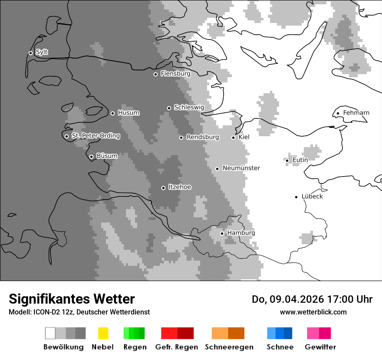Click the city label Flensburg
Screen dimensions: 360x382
(x=175, y=74)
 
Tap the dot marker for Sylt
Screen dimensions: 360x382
(x=30, y=53)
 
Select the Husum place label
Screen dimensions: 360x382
(x=128, y=113)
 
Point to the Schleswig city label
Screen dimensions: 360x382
(x=189, y=107)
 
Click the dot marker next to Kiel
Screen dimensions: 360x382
(x=233, y=137)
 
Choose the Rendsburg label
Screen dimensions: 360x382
(x=202, y=137)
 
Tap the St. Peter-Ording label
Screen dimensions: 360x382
(x=95, y=136)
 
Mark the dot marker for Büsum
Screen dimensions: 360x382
(x=91, y=157)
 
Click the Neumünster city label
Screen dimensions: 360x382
(x=241, y=168)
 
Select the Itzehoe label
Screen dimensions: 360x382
(x=180, y=187)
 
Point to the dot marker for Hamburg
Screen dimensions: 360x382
(x=222, y=233)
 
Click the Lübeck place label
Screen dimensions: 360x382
(x=312, y=196)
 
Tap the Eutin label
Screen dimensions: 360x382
(x=300, y=160)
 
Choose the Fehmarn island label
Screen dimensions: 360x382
(x=356, y=113)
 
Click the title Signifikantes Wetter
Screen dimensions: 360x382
(x=72, y=299)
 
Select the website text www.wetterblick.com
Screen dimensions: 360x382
(x=313, y=312)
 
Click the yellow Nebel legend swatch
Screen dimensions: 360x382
(x=103, y=333)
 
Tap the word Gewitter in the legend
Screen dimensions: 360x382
(x=320, y=347)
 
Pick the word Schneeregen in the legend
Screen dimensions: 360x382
(x=228, y=347)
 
